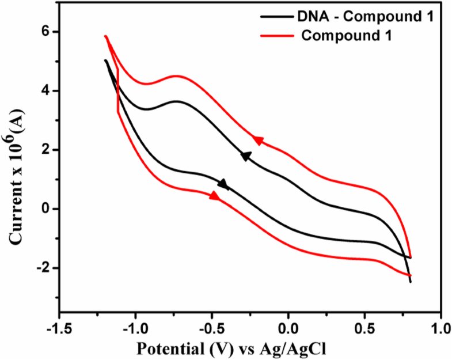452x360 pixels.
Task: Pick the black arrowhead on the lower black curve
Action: tap(223, 184)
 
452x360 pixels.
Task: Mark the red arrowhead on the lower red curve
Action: tap(215, 196)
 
